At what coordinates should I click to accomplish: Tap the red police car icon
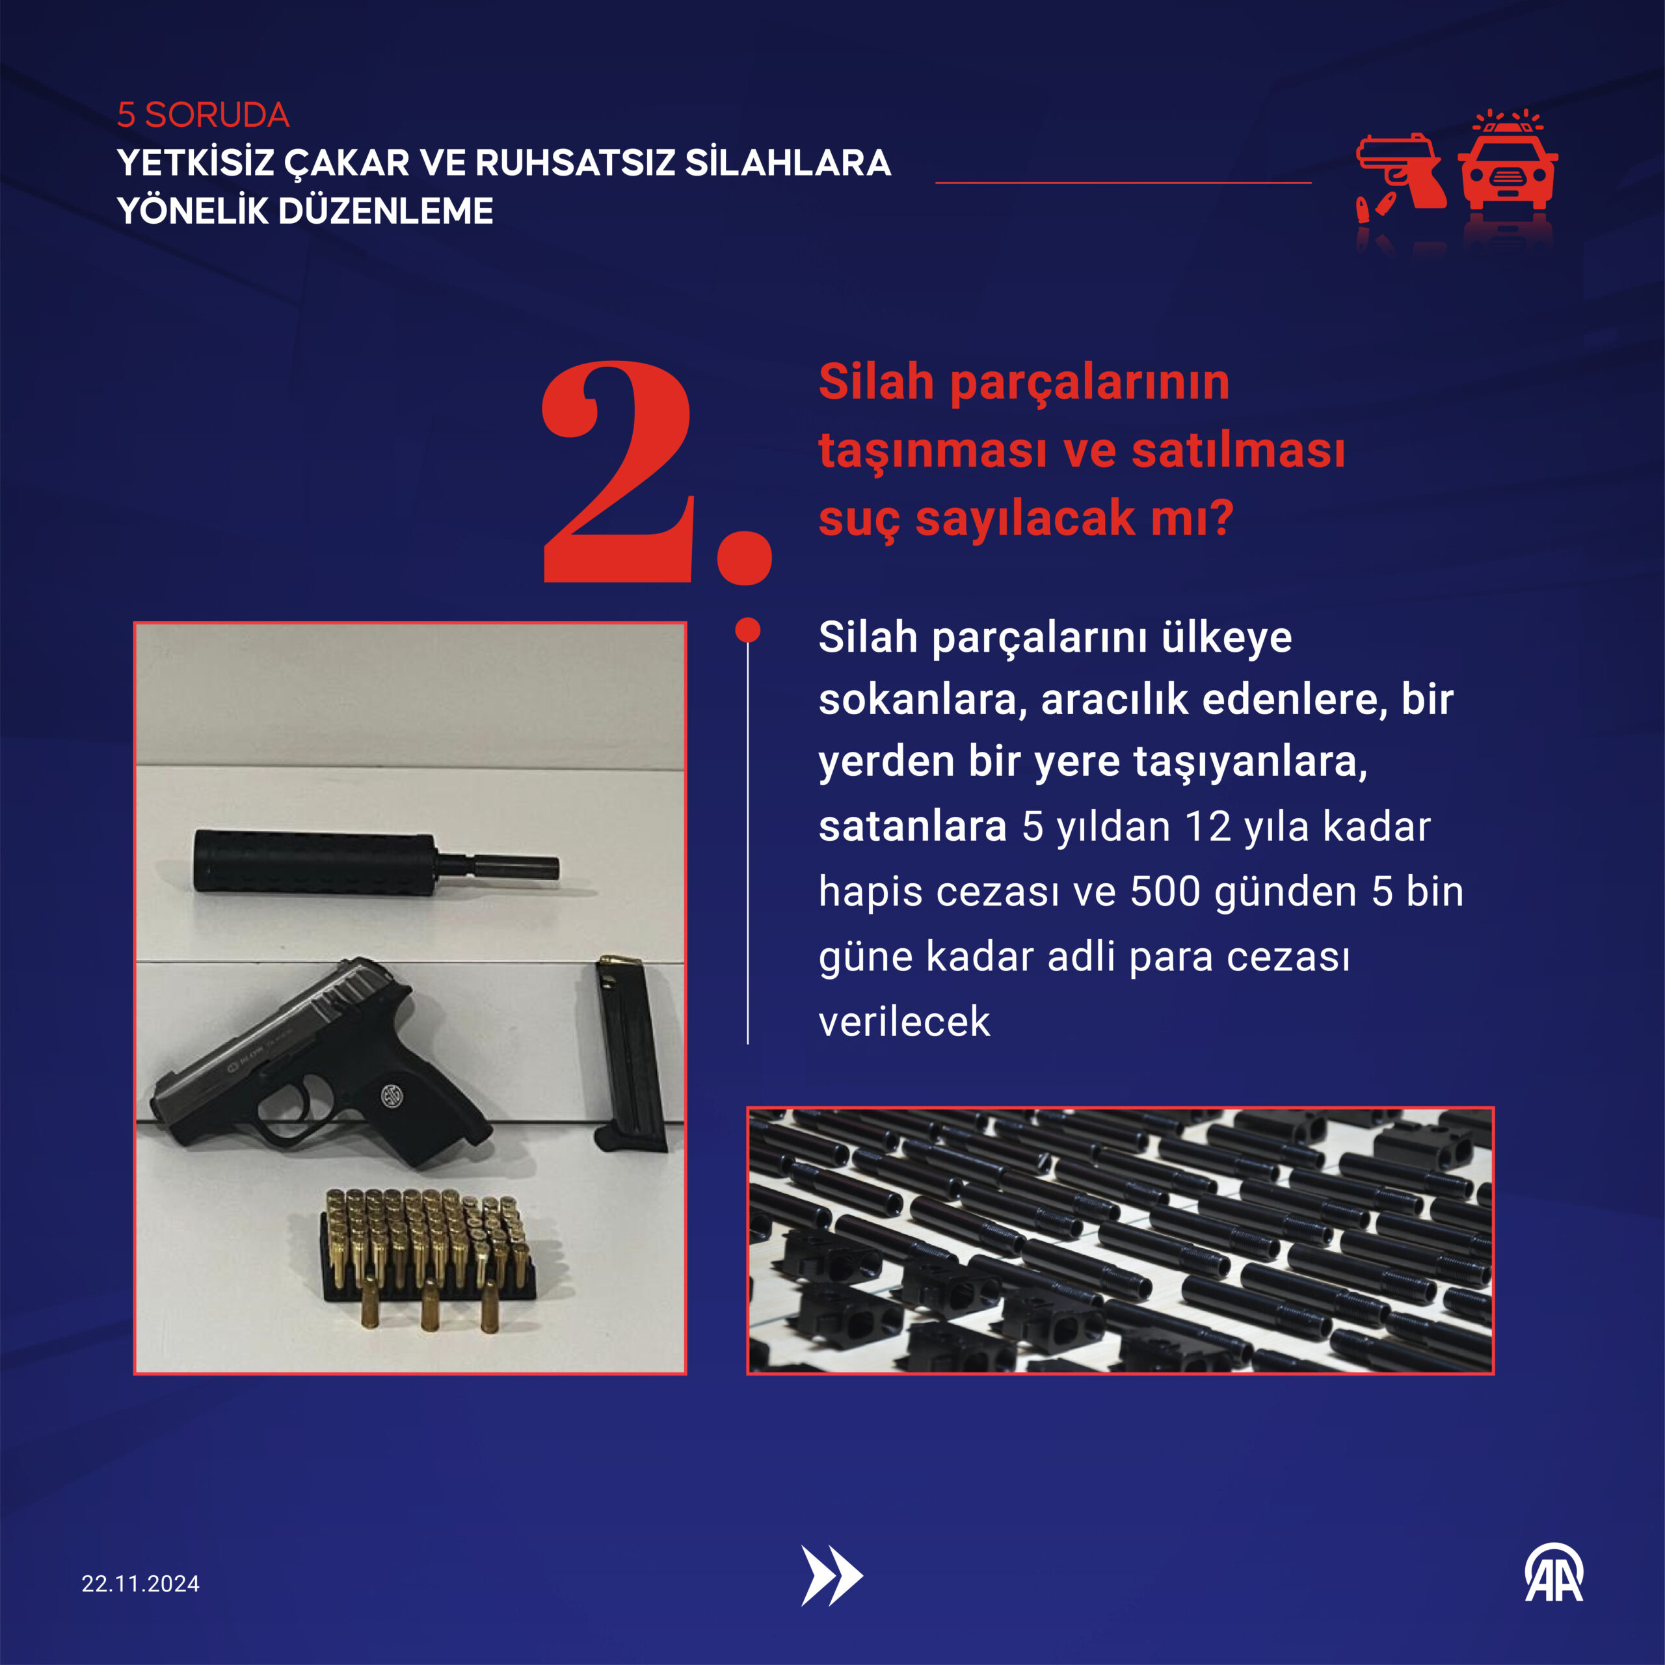1508,164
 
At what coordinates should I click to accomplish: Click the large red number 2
618,472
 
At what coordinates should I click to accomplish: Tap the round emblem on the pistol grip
394,1096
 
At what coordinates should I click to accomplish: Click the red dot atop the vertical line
748,630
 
